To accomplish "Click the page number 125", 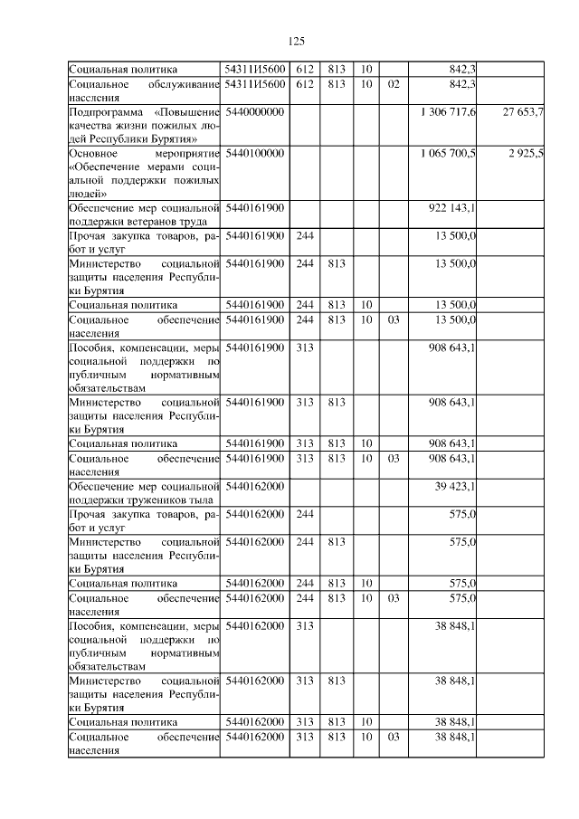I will [x=296, y=42].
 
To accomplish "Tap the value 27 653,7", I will [x=523, y=111].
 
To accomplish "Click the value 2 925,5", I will [x=526, y=153].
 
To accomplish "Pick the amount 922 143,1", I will [x=456, y=208].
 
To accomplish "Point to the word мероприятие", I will [x=186, y=153].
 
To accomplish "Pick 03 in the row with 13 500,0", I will [x=393, y=319].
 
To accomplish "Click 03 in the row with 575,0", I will [x=393, y=597].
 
